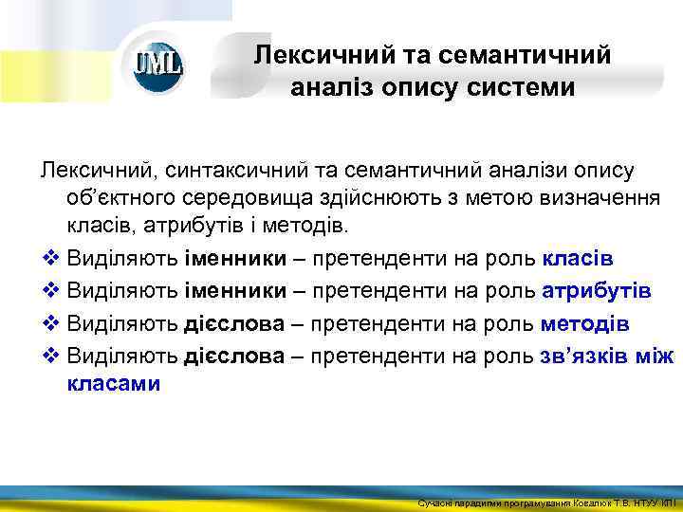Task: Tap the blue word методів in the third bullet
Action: [584, 323]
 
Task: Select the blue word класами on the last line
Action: [114, 384]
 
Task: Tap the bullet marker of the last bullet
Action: [49, 357]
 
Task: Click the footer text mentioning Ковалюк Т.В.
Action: [546, 502]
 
